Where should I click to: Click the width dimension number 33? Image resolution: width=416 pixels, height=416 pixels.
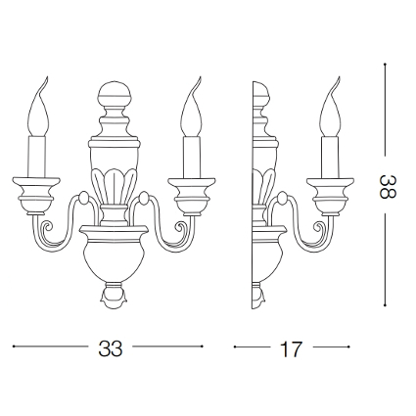coord(111,348)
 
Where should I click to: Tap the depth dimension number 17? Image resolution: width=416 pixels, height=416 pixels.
coord(291,349)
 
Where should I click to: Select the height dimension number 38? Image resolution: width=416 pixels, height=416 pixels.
coord(388,187)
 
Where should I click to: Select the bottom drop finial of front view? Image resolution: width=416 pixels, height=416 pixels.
coord(115,296)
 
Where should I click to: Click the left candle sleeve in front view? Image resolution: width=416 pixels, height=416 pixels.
coord(36,157)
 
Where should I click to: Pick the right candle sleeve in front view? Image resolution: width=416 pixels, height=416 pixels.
coord(192,157)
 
